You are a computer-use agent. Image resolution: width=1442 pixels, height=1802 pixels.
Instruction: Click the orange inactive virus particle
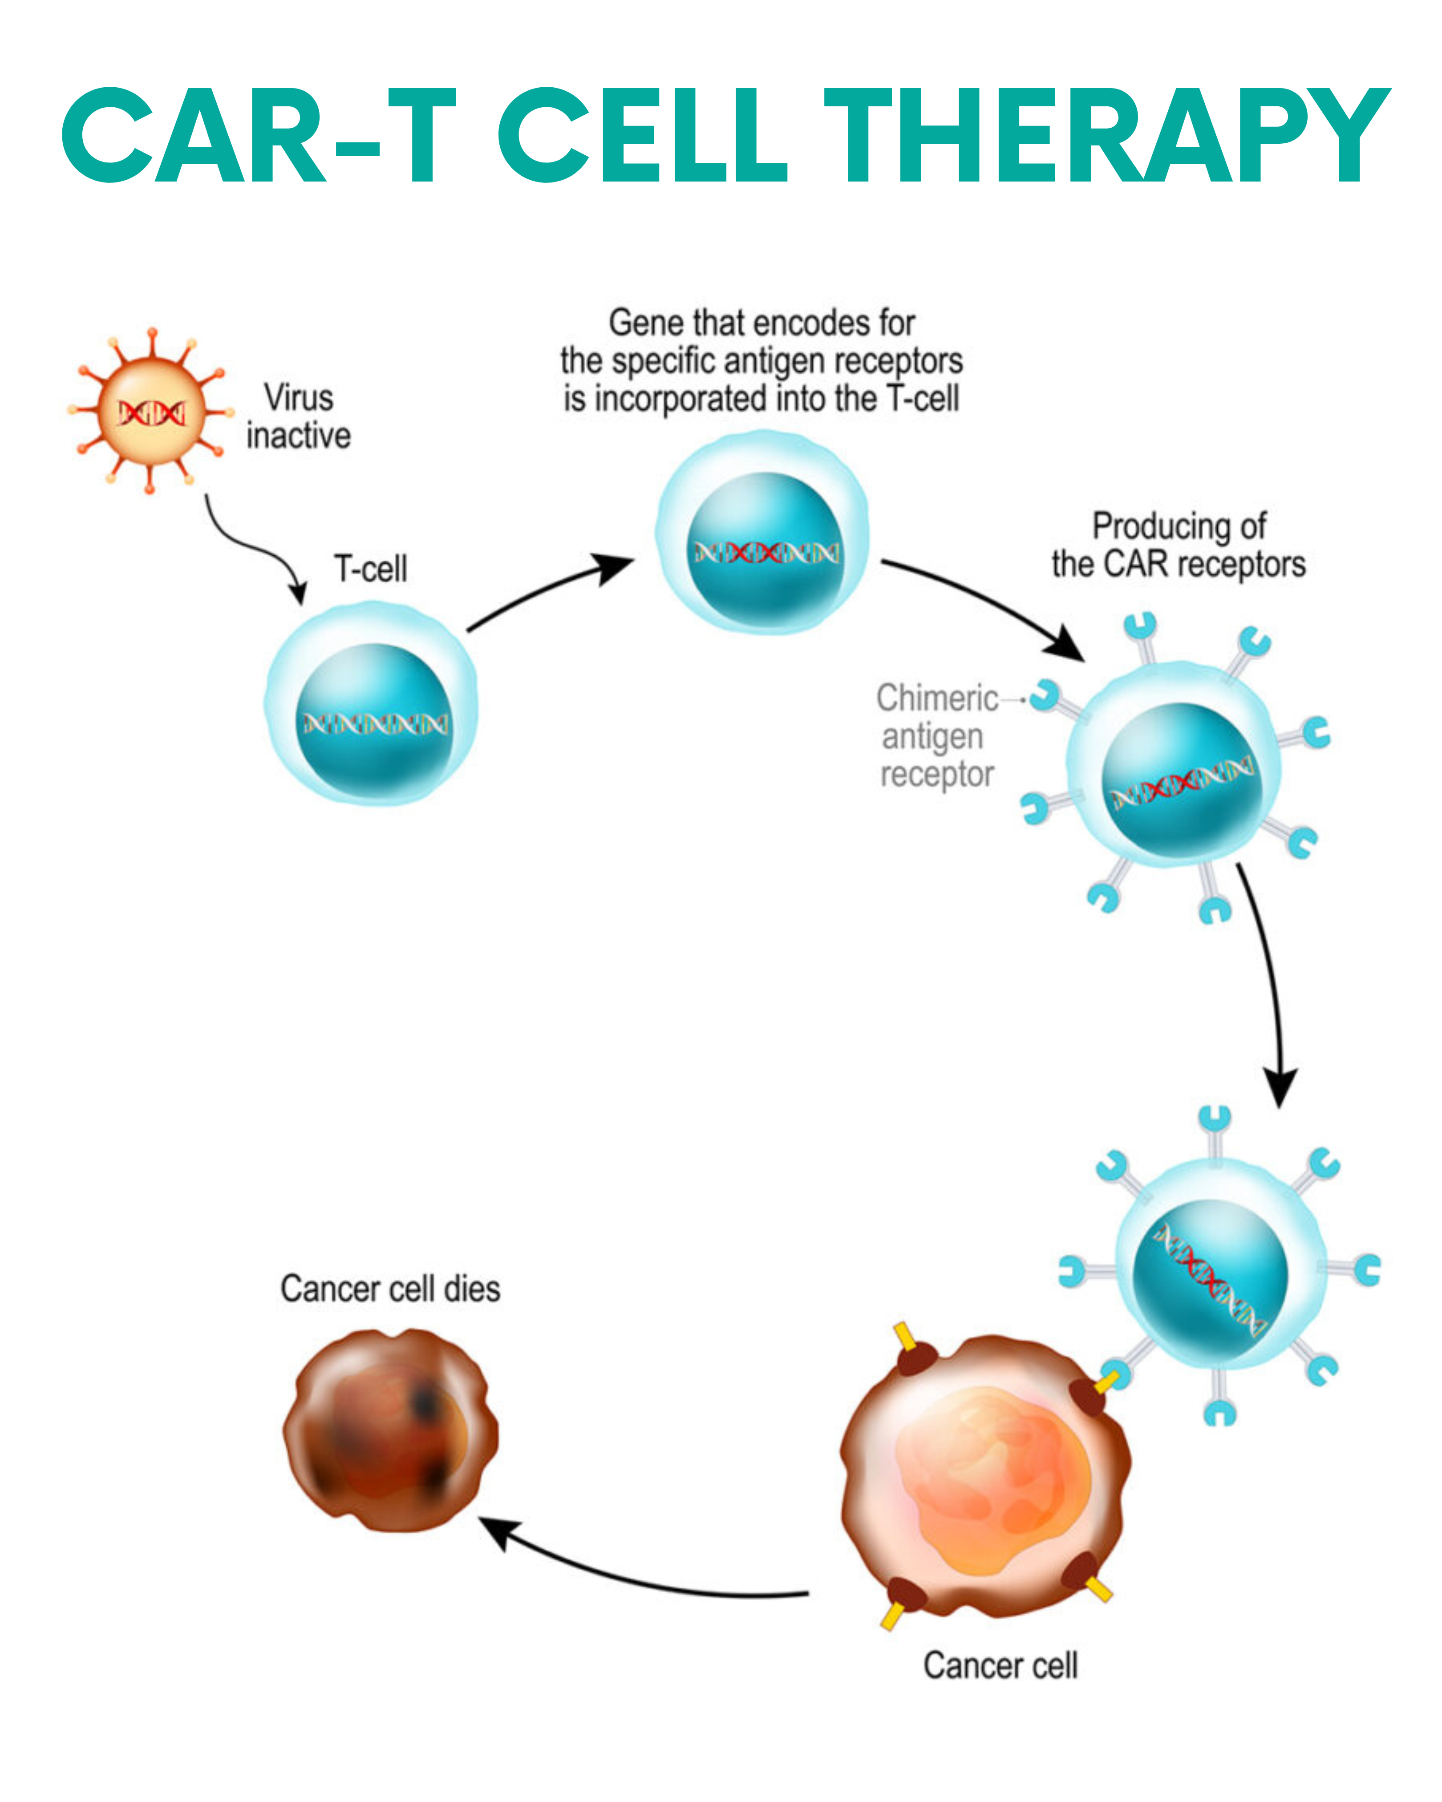(x=150, y=411)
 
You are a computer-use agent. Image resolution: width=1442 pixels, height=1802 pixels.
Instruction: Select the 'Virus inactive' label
(x=299, y=416)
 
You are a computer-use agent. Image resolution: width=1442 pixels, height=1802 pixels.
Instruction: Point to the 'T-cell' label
(x=370, y=569)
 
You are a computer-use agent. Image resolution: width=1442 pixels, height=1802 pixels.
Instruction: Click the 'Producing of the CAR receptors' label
(x=1179, y=545)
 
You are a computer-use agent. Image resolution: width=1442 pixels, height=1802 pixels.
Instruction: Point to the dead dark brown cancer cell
(x=390, y=1431)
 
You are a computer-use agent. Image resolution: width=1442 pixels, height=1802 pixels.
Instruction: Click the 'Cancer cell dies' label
(x=390, y=1289)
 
